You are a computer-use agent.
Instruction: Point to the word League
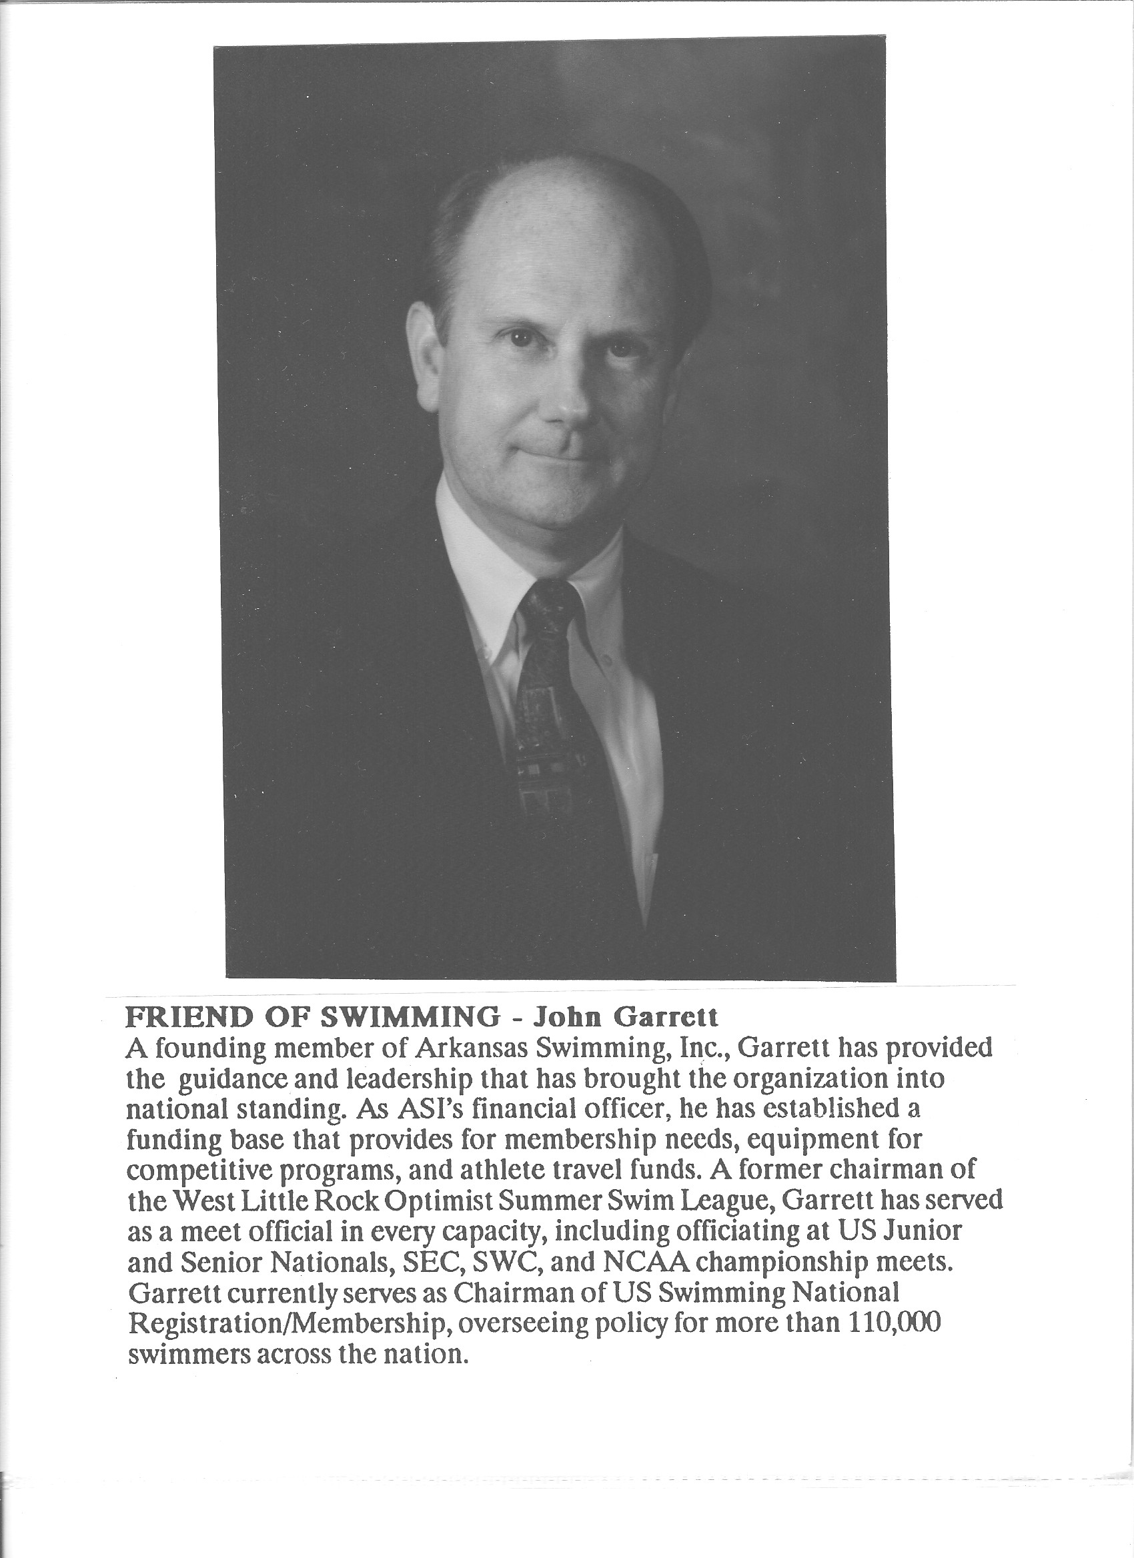(x=726, y=1199)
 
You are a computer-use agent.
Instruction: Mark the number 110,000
(x=893, y=1322)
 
